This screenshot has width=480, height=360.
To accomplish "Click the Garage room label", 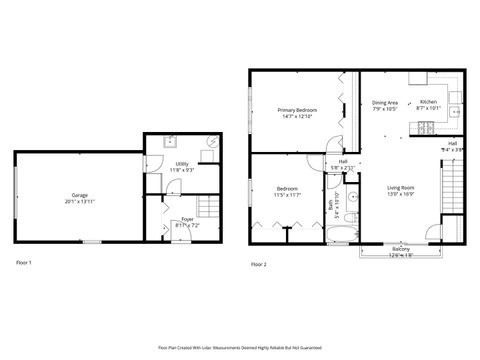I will click(78, 195).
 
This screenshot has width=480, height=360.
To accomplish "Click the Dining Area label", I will click(385, 102).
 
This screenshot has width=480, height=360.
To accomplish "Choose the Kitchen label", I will click(428, 102).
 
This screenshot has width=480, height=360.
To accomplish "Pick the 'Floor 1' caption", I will click(24, 262).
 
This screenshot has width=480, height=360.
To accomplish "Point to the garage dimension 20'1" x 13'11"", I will click(78, 202).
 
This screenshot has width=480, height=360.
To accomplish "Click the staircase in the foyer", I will click(208, 207).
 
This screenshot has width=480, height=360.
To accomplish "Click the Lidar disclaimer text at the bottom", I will click(240, 347).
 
